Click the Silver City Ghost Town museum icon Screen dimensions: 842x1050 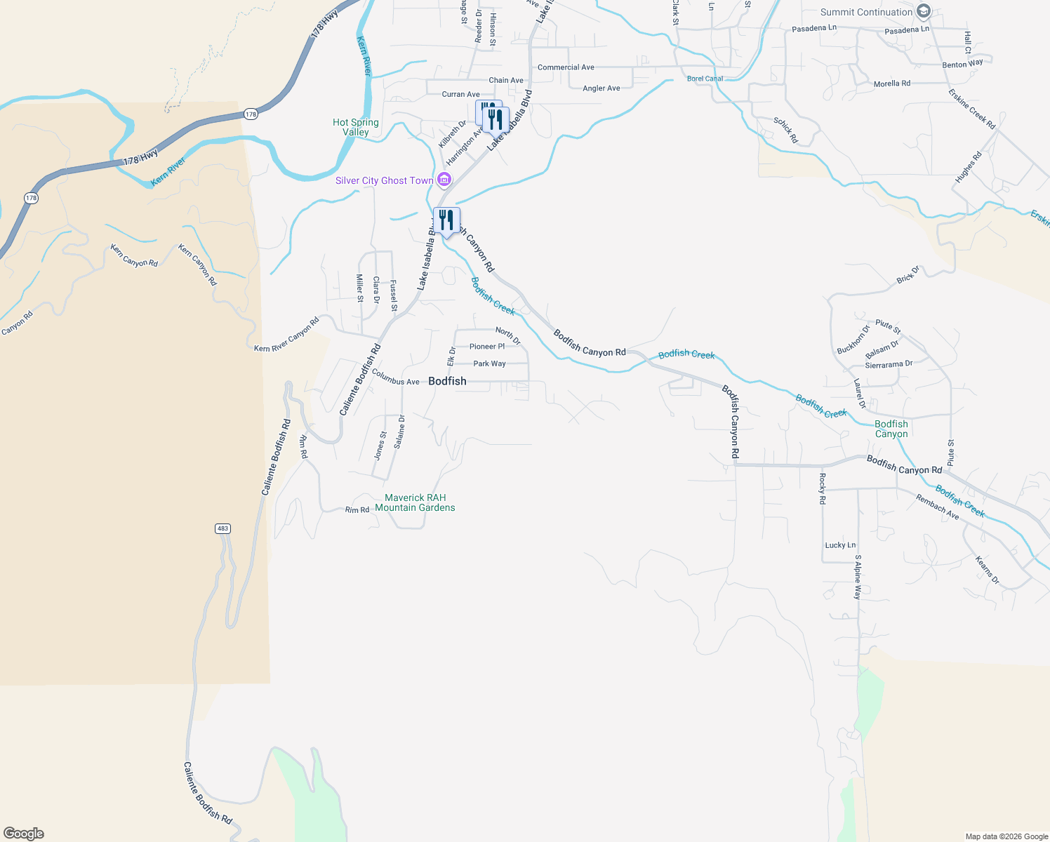[444, 180]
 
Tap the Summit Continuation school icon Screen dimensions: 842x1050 [924, 12]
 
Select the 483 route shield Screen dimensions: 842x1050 [222, 528]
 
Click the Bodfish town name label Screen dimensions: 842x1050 [447, 381]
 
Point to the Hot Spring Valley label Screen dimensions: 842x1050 [356, 127]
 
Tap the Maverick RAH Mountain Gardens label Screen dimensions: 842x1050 [415, 502]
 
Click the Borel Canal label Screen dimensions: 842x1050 [705, 79]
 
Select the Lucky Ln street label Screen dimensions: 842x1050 [840, 545]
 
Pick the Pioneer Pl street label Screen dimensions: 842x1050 [487, 347]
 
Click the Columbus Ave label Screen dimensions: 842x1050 [396, 377]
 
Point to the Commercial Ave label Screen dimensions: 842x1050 [566, 67]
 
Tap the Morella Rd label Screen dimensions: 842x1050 [891, 83]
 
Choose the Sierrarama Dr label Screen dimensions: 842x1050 [889, 365]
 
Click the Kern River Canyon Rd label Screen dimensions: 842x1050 [286, 335]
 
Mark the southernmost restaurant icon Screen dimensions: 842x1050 [446, 220]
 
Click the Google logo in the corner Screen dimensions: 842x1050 [24, 834]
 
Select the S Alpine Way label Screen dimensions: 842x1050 [857, 577]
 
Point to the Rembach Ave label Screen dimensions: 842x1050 [937, 507]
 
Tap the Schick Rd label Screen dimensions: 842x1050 [785, 131]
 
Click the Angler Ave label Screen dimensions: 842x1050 [602, 88]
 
